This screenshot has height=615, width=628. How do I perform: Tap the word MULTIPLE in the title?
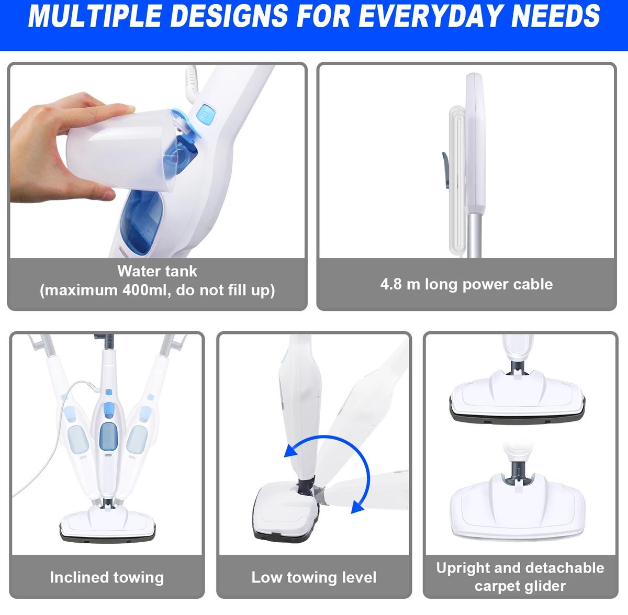95,16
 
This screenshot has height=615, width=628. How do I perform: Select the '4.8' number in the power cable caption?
391,284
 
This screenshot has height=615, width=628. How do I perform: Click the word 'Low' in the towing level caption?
266,577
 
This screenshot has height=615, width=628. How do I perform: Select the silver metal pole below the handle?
475,236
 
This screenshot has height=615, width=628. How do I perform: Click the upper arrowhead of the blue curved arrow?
291,451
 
